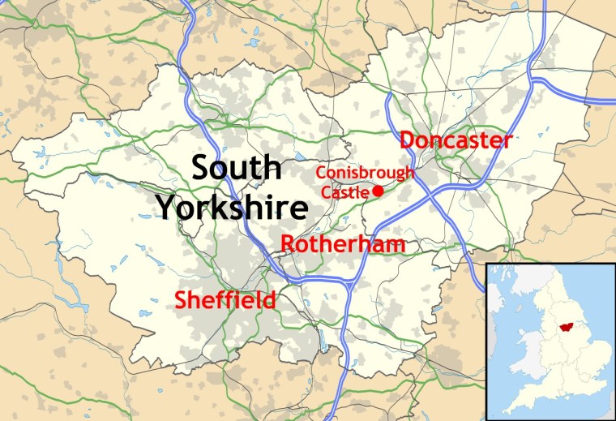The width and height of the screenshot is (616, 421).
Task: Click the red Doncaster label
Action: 456,140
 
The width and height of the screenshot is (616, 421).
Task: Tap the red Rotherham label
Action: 343,244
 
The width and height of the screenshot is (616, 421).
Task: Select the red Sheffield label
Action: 225,300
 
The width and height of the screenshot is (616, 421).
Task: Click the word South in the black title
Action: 237,169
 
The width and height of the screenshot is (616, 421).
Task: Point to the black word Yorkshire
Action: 232,208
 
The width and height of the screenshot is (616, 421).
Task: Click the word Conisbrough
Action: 365,173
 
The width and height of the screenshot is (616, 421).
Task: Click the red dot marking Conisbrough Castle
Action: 378,191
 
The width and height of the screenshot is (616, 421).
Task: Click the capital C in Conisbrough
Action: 320,173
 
